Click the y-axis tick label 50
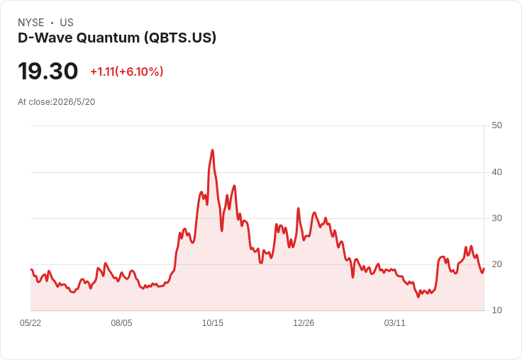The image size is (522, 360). [x=496, y=125]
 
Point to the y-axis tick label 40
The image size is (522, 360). [x=496, y=172]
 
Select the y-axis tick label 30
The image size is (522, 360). [x=496, y=218]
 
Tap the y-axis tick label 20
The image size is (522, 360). [x=496, y=264]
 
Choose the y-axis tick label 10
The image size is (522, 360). [x=496, y=310]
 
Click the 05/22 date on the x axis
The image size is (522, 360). [x=30, y=323]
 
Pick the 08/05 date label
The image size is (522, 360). [x=121, y=323]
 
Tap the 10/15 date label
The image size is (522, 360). [x=213, y=323]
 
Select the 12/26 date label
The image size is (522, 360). [x=304, y=323]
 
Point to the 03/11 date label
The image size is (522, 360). [x=394, y=323]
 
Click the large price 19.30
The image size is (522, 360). [x=48, y=71]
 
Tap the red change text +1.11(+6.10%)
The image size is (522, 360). [x=127, y=72]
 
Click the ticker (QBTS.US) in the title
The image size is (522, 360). [x=180, y=38]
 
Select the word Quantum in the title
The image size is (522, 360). [x=109, y=38]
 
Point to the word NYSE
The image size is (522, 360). [x=31, y=23]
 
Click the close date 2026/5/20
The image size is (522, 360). [x=74, y=102]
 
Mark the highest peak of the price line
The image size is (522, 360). [x=212, y=150]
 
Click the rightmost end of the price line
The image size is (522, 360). [x=484, y=269]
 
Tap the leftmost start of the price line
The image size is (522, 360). [x=31, y=269]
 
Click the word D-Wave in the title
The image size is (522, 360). [x=45, y=38]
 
